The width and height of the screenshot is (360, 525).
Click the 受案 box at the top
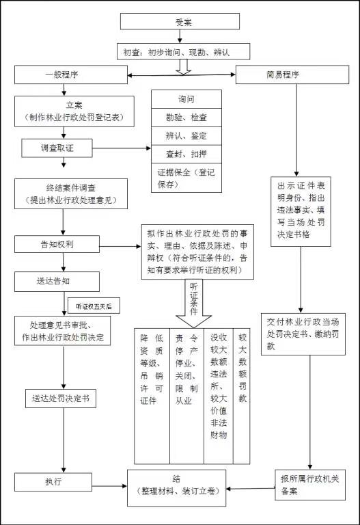180,22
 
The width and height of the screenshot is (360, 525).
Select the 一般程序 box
71,75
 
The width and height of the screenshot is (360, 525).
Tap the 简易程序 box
292,75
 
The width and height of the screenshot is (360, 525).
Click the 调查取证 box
57,148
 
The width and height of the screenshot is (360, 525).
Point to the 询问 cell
186,99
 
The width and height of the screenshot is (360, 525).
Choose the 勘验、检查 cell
186,118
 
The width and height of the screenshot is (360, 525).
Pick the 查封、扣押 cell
186,154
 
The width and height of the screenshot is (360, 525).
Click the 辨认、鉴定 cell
186,136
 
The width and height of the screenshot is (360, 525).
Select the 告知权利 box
57,244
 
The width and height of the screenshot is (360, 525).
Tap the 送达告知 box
57,281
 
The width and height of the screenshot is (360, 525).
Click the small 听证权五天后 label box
94,306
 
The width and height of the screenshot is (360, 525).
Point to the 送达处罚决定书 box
61,399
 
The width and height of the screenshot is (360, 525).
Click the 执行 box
53,482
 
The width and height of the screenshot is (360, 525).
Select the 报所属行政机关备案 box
310,485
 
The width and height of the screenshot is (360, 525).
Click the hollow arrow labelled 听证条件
194,303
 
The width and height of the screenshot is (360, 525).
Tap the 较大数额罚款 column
242,396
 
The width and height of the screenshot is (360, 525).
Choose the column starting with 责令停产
186,396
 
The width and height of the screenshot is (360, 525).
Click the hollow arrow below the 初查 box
183,66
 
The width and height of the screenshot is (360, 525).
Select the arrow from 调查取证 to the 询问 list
122,148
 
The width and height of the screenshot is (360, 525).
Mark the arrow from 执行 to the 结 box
109,486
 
